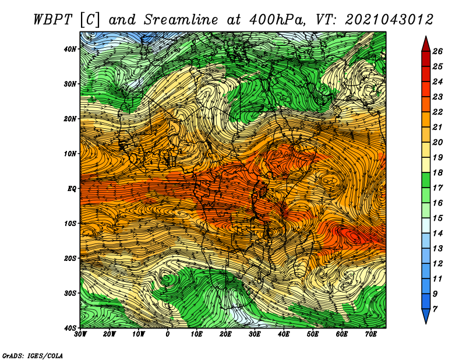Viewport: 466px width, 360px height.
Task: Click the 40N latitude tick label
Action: (x=70, y=49)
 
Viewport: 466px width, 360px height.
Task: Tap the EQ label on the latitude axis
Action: (x=72, y=189)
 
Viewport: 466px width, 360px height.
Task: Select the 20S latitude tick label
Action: (x=70, y=258)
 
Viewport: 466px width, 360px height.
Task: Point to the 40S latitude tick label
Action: (x=70, y=328)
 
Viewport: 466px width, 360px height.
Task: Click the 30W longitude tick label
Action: (x=80, y=334)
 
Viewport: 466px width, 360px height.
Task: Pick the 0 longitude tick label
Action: (x=168, y=334)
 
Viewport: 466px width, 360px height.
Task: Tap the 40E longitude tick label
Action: (x=284, y=334)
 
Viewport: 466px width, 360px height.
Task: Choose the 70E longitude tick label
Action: (x=371, y=334)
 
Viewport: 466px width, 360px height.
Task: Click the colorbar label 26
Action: (x=437, y=51)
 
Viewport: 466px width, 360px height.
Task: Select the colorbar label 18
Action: (x=437, y=172)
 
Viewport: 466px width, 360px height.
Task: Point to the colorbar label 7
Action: (x=435, y=309)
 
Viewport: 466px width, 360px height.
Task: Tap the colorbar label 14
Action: (x=437, y=234)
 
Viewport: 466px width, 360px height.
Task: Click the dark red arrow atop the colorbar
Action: (x=426, y=44)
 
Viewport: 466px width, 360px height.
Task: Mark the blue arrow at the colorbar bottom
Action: (x=426, y=316)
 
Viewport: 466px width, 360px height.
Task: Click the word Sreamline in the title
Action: (x=181, y=20)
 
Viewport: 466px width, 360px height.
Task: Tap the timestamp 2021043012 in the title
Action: (x=389, y=20)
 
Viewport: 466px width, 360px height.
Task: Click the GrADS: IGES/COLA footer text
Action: (x=33, y=356)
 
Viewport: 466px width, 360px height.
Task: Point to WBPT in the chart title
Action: (x=52, y=20)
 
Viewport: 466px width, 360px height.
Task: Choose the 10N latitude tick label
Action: (x=70, y=154)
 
